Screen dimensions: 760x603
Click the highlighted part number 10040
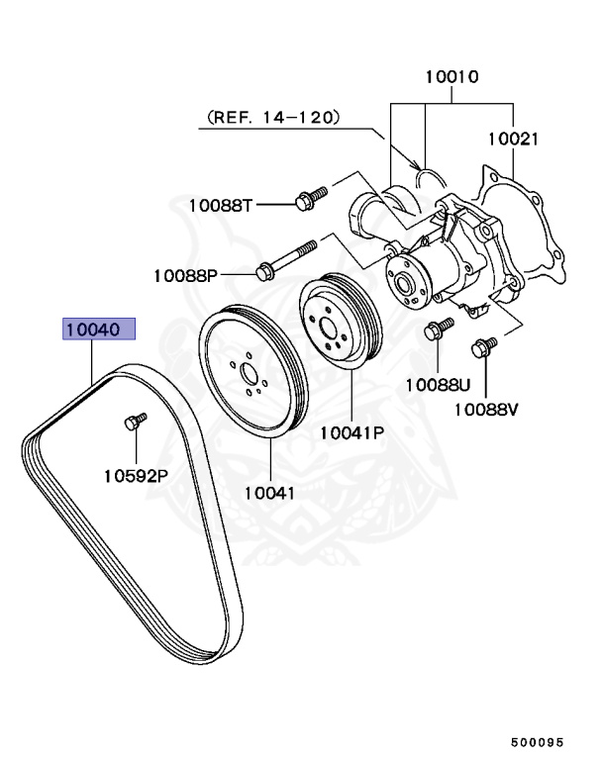98,330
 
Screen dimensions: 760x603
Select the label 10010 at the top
452,76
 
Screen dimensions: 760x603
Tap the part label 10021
513,140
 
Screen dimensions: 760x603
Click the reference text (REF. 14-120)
273,118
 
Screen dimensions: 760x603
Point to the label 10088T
222,205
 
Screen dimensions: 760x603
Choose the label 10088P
185,274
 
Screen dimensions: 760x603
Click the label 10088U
436,382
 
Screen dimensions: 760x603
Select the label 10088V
486,408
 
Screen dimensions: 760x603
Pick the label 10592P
136,475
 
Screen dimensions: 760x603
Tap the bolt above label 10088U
437,329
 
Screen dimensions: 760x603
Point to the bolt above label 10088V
484,346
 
